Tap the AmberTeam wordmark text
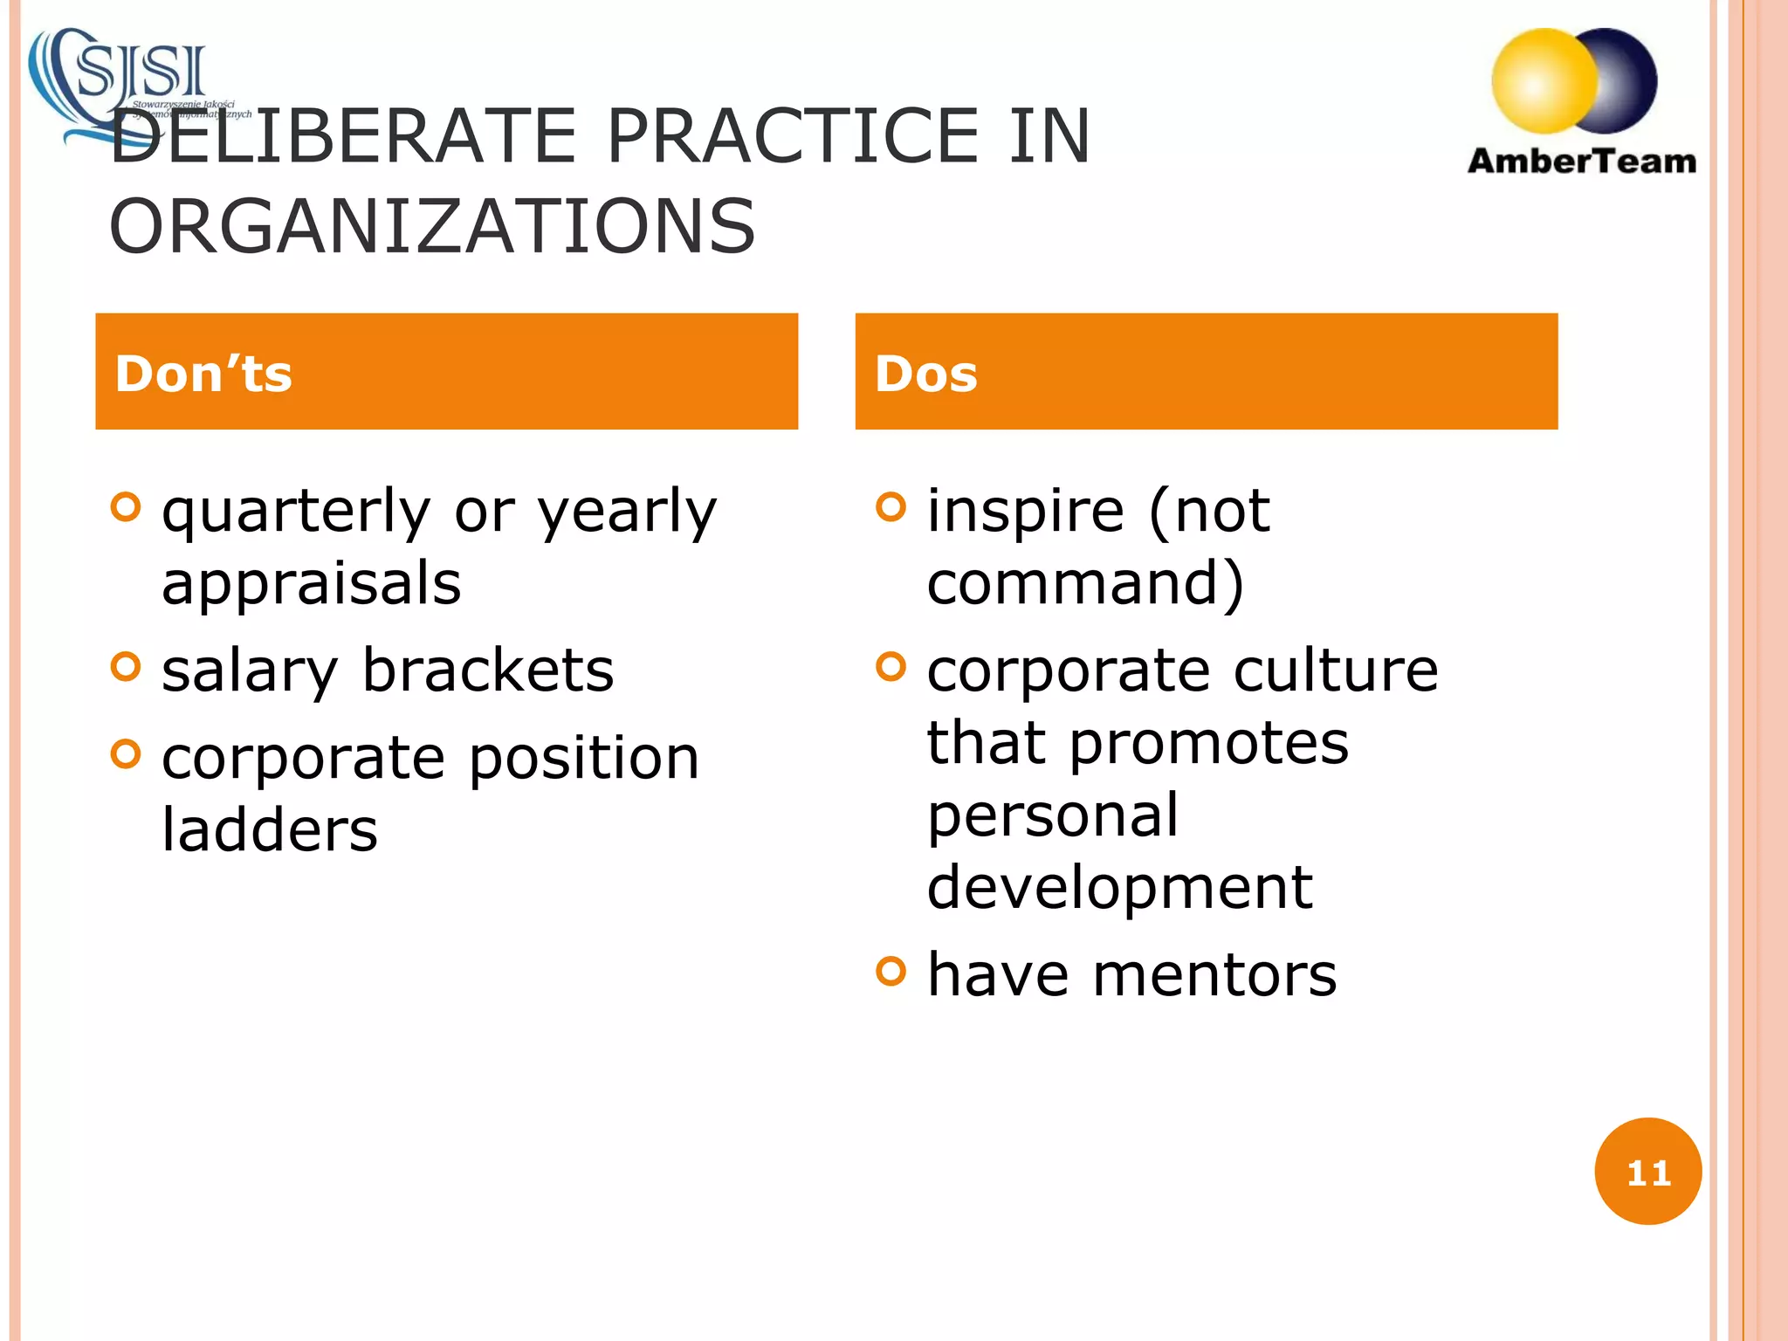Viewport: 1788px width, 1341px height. click(x=1581, y=162)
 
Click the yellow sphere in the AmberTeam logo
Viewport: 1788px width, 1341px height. click(x=1544, y=80)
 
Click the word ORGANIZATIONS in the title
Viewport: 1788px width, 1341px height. click(x=432, y=227)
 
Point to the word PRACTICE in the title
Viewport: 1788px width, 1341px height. click(x=793, y=136)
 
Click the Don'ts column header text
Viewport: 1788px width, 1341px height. click(x=203, y=374)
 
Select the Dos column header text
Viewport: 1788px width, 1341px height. click(x=925, y=374)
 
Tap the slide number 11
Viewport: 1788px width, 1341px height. click(x=1647, y=1173)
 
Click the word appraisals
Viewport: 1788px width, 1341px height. click(x=311, y=583)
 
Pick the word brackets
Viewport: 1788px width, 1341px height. click(x=488, y=670)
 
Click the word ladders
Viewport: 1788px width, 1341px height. click(x=270, y=829)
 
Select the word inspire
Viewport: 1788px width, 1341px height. click(x=1026, y=511)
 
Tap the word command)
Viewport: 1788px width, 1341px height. click(x=1084, y=583)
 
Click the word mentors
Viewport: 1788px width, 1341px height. click(x=1214, y=974)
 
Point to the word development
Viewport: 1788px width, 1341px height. click(x=1119, y=887)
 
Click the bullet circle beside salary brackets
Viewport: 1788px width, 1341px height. click(x=127, y=667)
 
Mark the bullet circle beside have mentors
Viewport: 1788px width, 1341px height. click(x=891, y=971)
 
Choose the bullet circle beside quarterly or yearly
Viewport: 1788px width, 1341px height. click(x=127, y=507)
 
